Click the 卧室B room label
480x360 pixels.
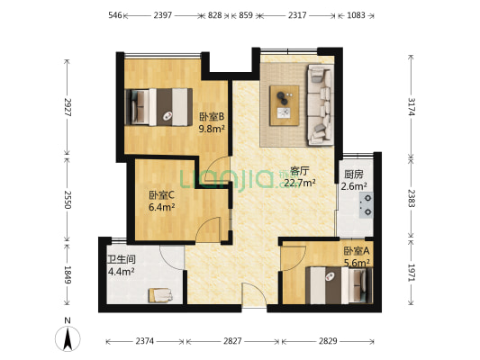[x=211, y=116]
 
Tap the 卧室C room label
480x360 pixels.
[x=161, y=195]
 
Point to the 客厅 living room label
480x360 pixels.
[x=299, y=170]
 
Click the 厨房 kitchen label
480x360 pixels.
[x=354, y=175]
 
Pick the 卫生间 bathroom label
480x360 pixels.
[x=121, y=260]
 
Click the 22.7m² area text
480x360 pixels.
[x=300, y=183]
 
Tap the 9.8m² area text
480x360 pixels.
[x=211, y=128]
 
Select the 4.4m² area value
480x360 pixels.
[x=121, y=271]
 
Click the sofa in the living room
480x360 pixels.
[x=320, y=103]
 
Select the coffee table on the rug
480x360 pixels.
[x=285, y=101]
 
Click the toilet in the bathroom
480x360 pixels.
[x=162, y=292]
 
